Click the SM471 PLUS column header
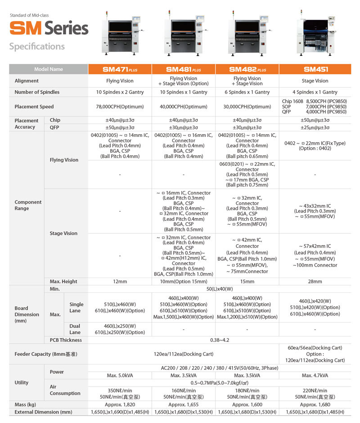[120, 69]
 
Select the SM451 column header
[315, 69]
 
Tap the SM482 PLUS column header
[247, 69]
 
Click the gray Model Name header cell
[49, 69]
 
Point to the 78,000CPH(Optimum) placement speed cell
[120, 107]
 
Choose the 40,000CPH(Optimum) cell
[184, 107]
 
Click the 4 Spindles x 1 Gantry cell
[315, 92]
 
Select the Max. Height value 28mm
[315, 282]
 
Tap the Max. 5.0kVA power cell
[120, 375]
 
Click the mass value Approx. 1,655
[184, 405]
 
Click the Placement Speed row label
[34, 107]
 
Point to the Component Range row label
[28, 205]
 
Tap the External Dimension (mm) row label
[44, 412]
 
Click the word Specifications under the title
[37, 46]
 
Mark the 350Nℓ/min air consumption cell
[120, 390]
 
